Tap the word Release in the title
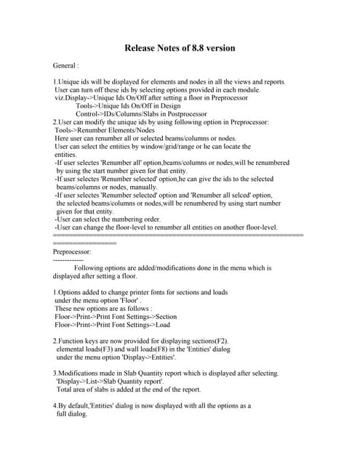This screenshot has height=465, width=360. point(142,49)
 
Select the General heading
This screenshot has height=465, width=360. point(66,65)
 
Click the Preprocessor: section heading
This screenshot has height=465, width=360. point(73,251)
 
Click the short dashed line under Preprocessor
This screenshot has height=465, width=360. point(68,259)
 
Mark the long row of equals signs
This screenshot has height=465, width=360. point(178,235)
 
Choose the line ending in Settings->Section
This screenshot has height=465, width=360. point(116,316)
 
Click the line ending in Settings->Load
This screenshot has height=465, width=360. point(112,325)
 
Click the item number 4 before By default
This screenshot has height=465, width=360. point(55,405)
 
